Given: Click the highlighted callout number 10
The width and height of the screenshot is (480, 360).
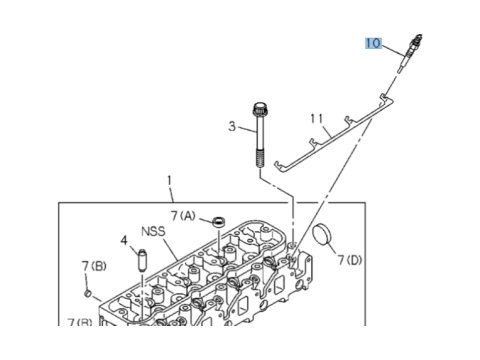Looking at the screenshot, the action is pyautogui.click(x=373, y=43).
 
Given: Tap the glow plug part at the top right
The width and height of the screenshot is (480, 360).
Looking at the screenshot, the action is pyautogui.click(x=410, y=53).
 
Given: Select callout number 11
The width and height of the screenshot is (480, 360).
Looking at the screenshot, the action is pyautogui.click(x=317, y=118).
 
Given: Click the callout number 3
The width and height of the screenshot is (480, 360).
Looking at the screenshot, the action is pyautogui.click(x=232, y=126).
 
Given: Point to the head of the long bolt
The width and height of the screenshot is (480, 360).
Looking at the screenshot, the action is pyautogui.click(x=259, y=109).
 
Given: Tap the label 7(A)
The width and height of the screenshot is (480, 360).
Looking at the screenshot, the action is pyautogui.click(x=183, y=216).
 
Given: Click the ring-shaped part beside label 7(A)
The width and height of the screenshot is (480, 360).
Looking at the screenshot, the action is pyautogui.click(x=219, y=221).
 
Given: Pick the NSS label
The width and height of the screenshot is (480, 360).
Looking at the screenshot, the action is pyautogui.click(x=153, y=231).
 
